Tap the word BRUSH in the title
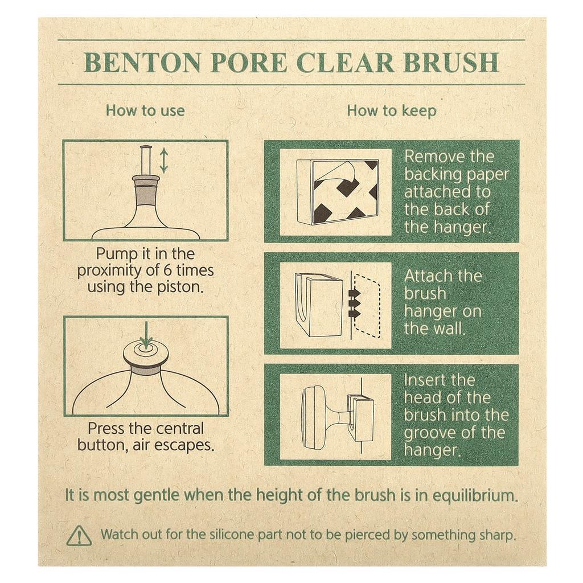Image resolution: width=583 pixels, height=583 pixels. [x=451, y=63]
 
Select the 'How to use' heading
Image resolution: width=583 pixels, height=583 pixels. [x=145, y=111]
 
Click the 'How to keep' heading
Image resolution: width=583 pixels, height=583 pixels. [x=392, y=111]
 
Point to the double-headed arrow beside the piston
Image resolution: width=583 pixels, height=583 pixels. [x=164, y=161]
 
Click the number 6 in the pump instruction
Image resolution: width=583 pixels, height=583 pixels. [x=167, y=270]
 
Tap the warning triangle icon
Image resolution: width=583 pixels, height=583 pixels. [x=79, y=535]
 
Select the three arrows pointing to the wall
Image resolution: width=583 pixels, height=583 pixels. [x=355, y=303]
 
